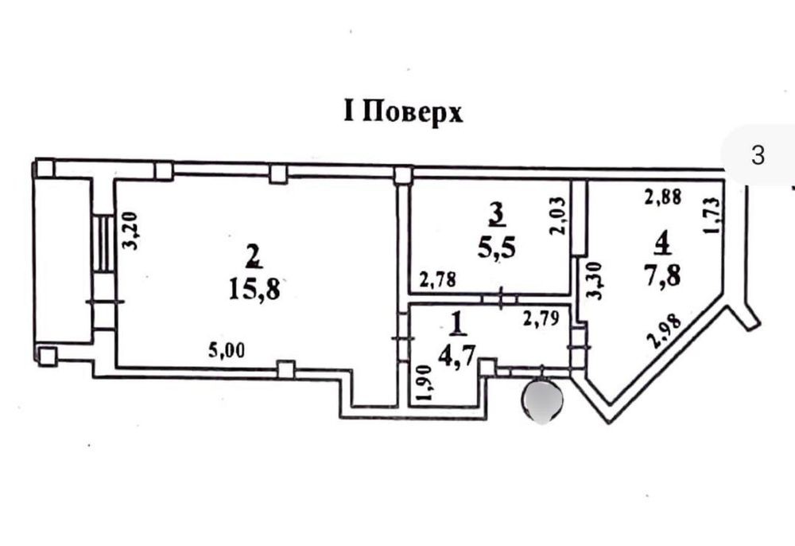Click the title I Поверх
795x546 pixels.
coord(403,112)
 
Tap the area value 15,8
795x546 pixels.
coord(254,291)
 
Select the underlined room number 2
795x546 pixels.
coord(254,255)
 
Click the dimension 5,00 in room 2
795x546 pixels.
coord(227,350)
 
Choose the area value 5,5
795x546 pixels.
coord(496,248)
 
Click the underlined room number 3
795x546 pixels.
coord(498,214)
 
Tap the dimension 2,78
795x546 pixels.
coord(437,279)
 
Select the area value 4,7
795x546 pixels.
coord(457,357)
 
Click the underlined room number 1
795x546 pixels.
coord(459,323)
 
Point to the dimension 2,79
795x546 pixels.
coord(541,318)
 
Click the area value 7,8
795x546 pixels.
coord(662,276)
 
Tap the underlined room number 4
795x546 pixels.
coord(662,243)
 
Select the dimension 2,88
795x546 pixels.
coord(663,197)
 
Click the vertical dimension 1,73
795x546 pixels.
coord(712,215)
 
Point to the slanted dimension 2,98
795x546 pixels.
coord(665,331)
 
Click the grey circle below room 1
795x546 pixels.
coord(541,401)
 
